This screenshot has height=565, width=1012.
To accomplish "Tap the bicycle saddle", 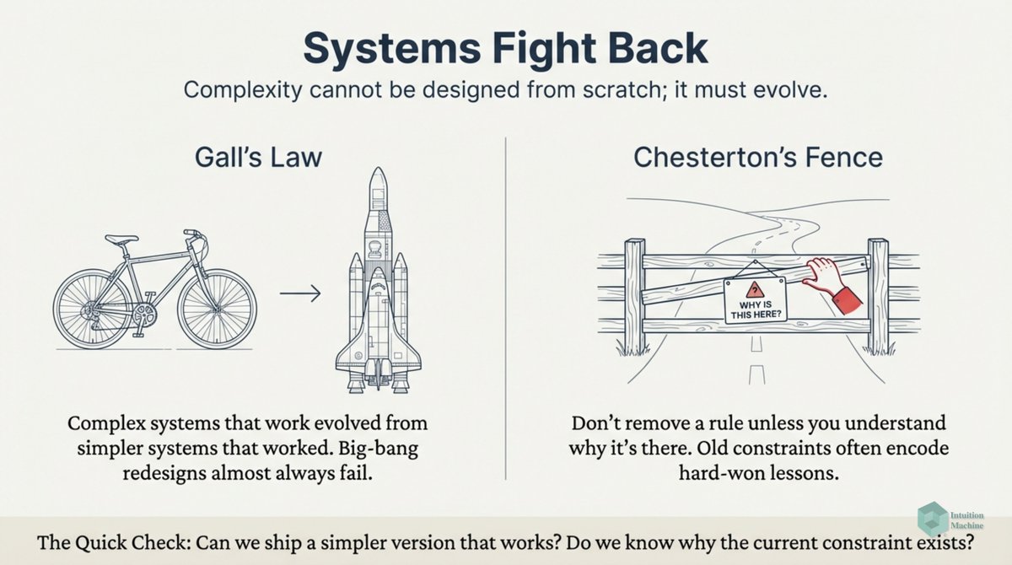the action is pos(122,239).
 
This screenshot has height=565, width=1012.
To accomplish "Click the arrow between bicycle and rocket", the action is pos(299,293).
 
